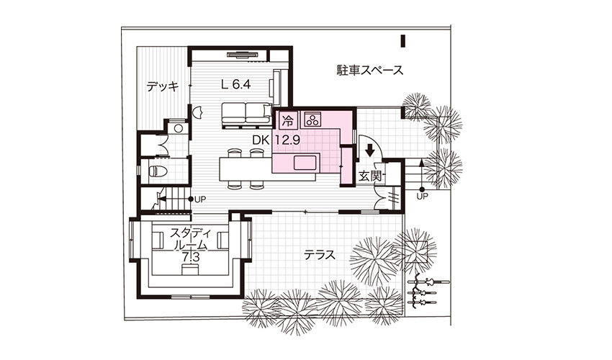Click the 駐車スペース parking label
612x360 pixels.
[x=369, y=71]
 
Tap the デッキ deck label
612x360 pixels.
[x=163, y=86]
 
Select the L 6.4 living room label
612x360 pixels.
[x=235, y=84]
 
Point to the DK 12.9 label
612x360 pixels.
[x=276, y=140]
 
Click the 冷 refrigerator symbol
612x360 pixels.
[x=288, y=120]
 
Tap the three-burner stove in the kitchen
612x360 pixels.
[x=312, y=120]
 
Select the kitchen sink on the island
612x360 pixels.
[x=307, y=163]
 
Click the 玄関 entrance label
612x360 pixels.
[x=369, y=176]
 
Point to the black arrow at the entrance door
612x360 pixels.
[x=370, y=150]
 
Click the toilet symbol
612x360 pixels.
[x=158, y=171]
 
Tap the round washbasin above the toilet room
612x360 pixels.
[x=179, y=128]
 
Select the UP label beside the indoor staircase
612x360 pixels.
[x=200, y=199]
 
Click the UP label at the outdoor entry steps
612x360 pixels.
[x=422, y=197]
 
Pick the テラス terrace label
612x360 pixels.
[x=319, y=256]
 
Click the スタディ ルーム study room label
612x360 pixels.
[x=190, y=239]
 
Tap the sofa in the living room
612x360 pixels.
[x=246, y=114]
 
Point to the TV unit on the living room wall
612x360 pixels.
[x=243, y=55]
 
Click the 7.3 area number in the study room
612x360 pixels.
[x=191, y=257]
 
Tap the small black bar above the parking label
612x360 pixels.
[x=402, y=41]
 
